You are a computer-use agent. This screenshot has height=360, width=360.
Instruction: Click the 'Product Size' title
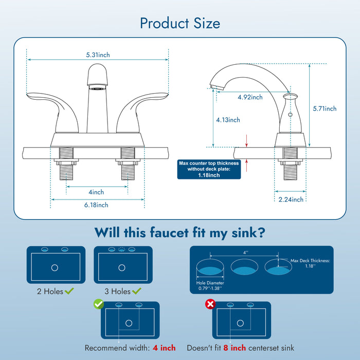click(x=180, y=23)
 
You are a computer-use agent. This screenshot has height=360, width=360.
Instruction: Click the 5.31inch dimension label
click(x=98, y=55)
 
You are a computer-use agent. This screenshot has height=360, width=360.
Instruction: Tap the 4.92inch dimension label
click(x=250, y=97)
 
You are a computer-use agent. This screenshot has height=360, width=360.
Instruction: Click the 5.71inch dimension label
click(x=325, y=109)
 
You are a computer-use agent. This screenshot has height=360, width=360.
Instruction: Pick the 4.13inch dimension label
click(x=228, y=120)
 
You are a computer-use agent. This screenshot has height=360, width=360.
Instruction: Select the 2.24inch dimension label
click(x=291, y=200)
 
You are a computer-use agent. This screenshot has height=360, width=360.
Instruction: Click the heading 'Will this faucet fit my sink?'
click(x=180, y=232)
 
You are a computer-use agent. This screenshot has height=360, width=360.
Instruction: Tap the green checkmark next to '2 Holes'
click(x=69, y=292)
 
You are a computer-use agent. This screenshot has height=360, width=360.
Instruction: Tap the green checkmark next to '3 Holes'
click(x=136, y=292)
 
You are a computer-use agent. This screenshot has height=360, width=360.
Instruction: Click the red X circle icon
click(x=210, y=304)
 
